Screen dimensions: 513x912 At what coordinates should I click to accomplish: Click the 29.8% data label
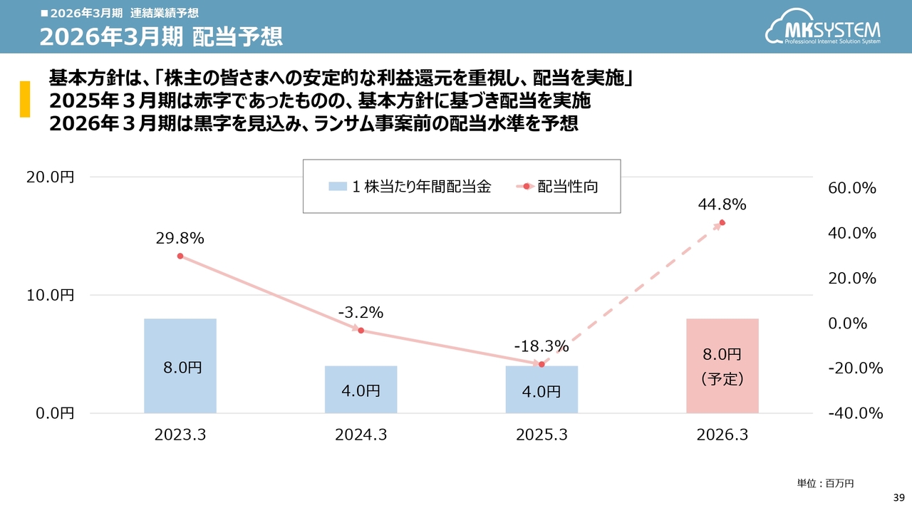[x=180, y=239]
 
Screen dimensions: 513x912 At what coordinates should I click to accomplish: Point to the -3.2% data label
[x=361, y=312]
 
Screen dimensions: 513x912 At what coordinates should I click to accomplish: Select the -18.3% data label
[x=541, y=347]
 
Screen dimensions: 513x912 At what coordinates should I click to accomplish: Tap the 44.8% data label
[x=722, y=205]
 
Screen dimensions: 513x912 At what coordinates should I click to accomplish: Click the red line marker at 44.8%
[x=722, y=223]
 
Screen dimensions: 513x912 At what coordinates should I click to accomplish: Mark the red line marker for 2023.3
[x=180, y=256]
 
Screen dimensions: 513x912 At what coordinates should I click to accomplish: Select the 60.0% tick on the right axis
[x=852, y=188]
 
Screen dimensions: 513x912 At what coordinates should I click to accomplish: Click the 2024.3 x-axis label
[x=361, y=435]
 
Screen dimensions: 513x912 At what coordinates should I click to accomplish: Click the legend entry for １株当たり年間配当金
[x=410, y=187]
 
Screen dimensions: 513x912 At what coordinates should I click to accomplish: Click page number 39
[x=898, y=496]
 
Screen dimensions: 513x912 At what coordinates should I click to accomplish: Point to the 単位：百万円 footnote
[x=825, y=483]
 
